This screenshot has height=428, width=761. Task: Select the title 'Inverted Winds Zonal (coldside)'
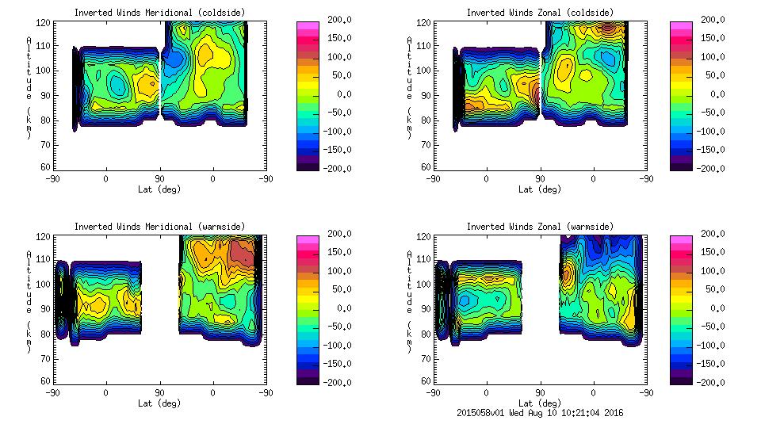(540, 13)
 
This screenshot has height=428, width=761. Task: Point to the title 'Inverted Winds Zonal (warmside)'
(540, 227)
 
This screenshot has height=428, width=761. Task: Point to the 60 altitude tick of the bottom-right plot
(422, 381)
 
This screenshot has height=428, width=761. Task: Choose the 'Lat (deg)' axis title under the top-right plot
(540, 189)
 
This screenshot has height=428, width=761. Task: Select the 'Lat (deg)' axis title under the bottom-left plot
(159, 403)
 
